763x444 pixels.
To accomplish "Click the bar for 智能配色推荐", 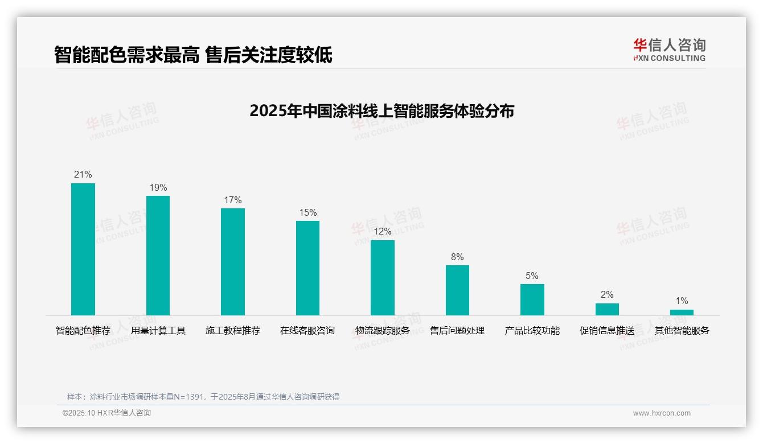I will pyautogui.click(x=83, y=249).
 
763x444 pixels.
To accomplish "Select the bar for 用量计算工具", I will pyautogui.click(x=158, y=255).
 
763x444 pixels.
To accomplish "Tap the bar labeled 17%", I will pyautogui.click(x=233, y=261).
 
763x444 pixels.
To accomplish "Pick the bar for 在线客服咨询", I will pyautogui.click(x=307, y=268).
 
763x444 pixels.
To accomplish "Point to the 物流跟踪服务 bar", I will pyautogui.click(x=383, y=277).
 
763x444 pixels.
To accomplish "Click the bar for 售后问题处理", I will pyautogui.click(x=457, y=290).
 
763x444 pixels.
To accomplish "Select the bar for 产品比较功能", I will pyautogui.click(x=532, y=299).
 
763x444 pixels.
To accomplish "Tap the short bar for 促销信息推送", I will pyautogui.click(x=607, y=309).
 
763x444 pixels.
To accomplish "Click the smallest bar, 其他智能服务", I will pyautogui.click(x=682, y=312).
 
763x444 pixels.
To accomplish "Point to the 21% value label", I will pyautogui.click(x=83, y=175).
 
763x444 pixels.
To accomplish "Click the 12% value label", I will pyautogui.click(x=383, y=232).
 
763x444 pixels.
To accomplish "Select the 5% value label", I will pyautogui.click(x=532, y=276).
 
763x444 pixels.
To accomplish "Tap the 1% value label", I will pyautogui.click(x=682, y=301).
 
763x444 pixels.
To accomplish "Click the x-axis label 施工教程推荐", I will pyautogui.click(x=233, y=331).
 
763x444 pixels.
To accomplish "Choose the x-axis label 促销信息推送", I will pyautogui.click(x=607, y=331).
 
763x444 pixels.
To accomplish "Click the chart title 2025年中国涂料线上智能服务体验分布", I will pyautogui.click(x=381, y=110).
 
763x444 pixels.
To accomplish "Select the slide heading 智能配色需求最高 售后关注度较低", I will pyautogui.click(x=193, y=55).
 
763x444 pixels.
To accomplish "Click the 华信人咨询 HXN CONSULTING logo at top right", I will pyautogui.click(x=669, y=50).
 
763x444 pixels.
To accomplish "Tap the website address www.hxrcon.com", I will pyautogui.click(x=662, y=413).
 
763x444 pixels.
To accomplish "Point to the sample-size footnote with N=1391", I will pyautogui.click(x=203, y=397).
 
